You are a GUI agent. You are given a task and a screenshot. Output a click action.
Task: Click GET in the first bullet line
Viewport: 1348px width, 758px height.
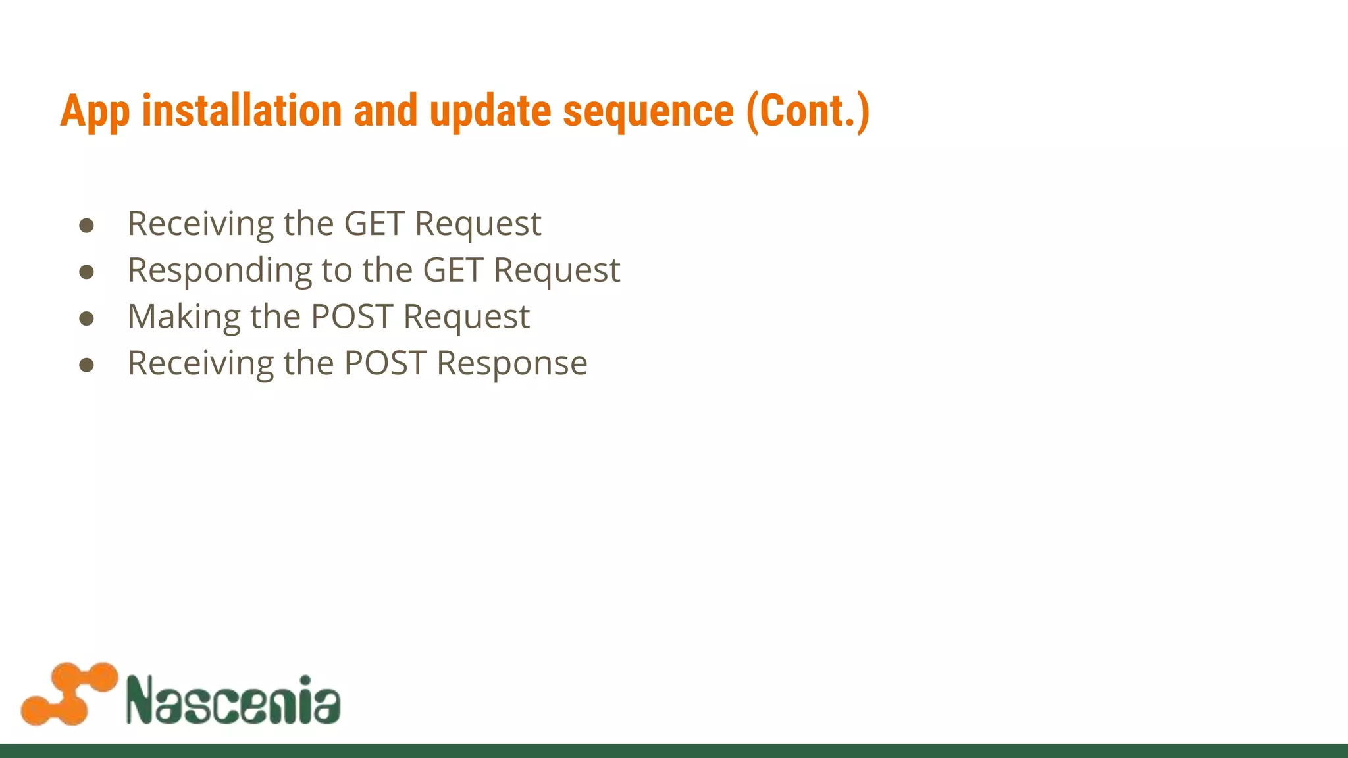[374, 224]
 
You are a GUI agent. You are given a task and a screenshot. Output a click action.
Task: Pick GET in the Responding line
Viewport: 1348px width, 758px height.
[452, 270]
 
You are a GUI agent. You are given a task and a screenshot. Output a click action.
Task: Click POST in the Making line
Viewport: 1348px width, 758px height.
[351, 317]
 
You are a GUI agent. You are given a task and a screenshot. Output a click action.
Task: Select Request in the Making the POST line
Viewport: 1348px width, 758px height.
[466, 317]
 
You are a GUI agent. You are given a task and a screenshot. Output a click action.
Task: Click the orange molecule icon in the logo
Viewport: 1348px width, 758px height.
[69, 694]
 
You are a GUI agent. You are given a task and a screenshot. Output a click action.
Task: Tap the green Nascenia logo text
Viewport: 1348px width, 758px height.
[233, 699]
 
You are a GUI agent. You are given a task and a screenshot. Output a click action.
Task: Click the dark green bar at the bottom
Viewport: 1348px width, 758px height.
[674, 751]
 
